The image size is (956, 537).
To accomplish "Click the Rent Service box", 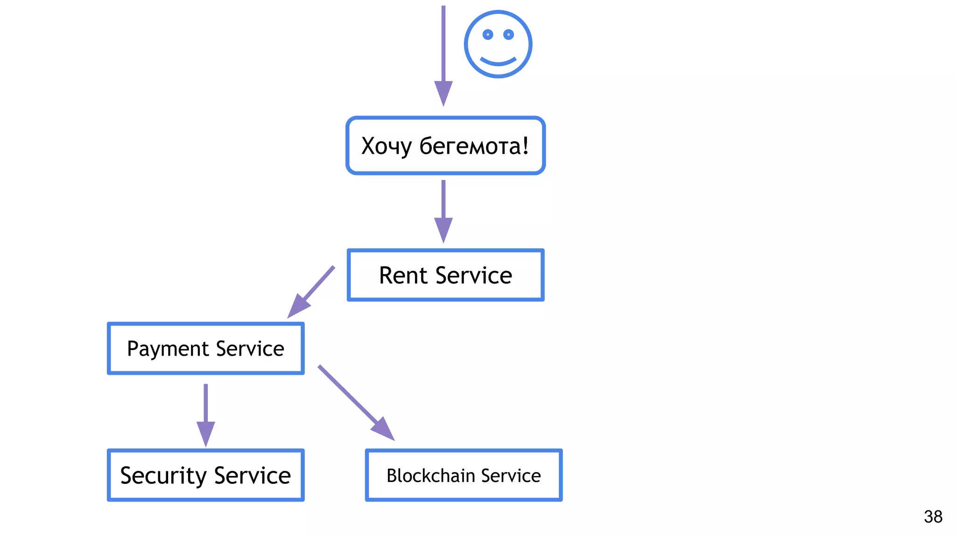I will pyautogui.click(x=445, y=275).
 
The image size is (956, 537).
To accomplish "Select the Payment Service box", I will pyautogui.click(x=205, y=348).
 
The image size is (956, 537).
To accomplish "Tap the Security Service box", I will pyautogui.click(x=205, y=475).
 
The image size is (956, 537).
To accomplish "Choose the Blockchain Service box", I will pyautogui.click(x=464, y=475).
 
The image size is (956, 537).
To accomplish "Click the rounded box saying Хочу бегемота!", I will pyautogui.click(x=445, y=145).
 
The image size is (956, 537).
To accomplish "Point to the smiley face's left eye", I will pyautogui.click(x=488, y=34).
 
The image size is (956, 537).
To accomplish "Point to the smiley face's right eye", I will pyautogui.click(x=509, y=34).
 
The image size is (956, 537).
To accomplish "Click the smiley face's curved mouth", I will pyautogui.click(x=498, y=62).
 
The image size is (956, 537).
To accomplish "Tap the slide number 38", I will pyautogui.click(x=933, y=516).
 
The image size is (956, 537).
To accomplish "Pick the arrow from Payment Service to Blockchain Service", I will pyautogui.click(x=356, y=402).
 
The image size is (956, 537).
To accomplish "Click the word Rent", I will pyautogui.click(x=403, y=275).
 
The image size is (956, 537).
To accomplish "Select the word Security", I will pyautogui.click(x=163, y=475).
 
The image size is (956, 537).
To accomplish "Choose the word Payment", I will pyautogui.click(x=168, y=349).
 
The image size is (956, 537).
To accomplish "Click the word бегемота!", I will pyautogui.click(x=474, y=146).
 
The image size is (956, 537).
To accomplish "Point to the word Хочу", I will pyautogui.click(x=387, y=146).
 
